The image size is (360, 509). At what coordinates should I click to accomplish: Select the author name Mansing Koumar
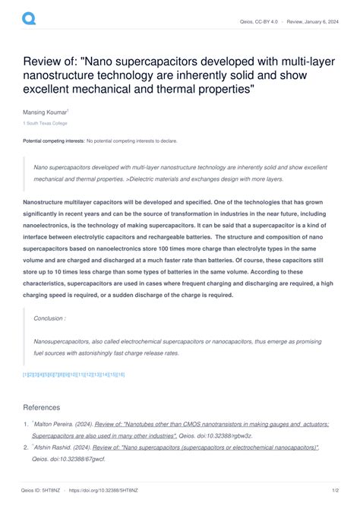tap(46, 112)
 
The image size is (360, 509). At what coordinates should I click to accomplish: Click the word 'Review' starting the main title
tap(43, 61)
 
